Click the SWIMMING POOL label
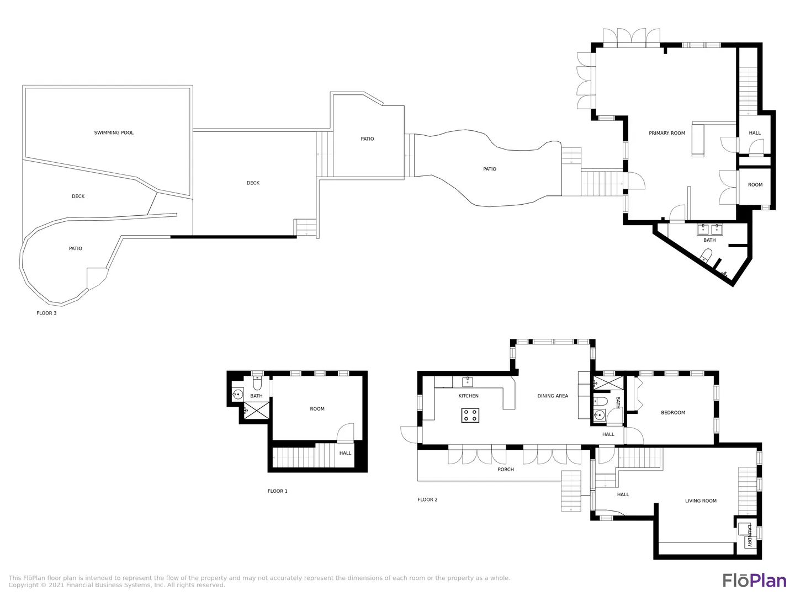pyautogui.click(x=114, y=133)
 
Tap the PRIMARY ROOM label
pyautogui.click(x=667, y=133)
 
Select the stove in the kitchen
pyautogui.click(x=470, y=415)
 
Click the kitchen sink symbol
pyautogui.click(x=468, y=382)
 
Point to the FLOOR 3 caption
pyautogui.click(x=46, y=313)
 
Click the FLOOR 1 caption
pyautogui.click(x=278, y=491)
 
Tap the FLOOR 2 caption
pyautogui.click(x=427, y=500)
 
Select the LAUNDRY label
pyautogui.click(x=749, y=535)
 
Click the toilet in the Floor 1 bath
pyautogui.click(x=257, y=383)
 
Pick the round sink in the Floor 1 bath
pyautogui.click(x=237, y=395)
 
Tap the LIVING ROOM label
pyautogui.click(x=701, y=501)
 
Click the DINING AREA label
pyautogui.click(x=552, y=396)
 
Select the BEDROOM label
pyautogui.click(x=673, y=413)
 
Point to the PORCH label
pyautogui.click(x=506, y=469)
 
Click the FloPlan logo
pyautogui.click(x=755, y=580)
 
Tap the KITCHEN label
pyautogui.click(x=468, y=396)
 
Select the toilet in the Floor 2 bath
pyautogui.click(x=600, y=401)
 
